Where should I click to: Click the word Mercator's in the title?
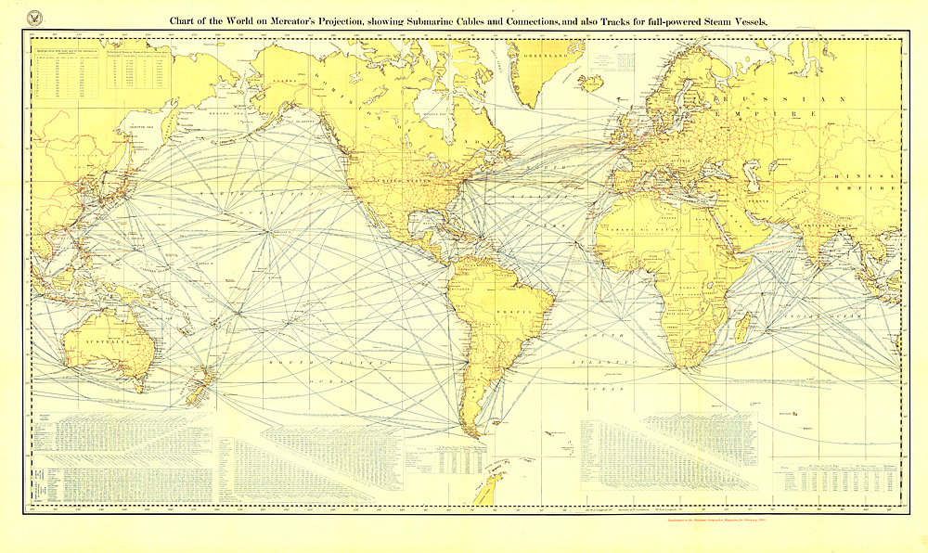(x=307, y=20)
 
